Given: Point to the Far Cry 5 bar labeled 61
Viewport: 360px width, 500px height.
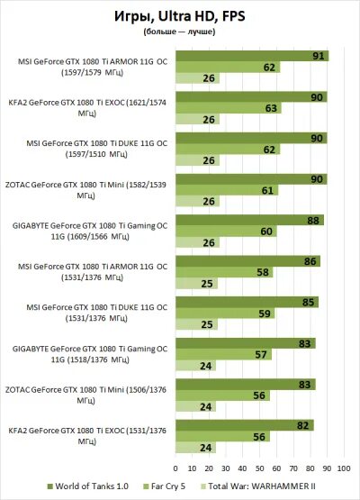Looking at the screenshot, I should pos(226,190).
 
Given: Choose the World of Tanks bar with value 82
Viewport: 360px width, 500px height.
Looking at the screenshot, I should pos(244,423).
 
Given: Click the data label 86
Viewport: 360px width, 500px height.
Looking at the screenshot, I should pos(312,260).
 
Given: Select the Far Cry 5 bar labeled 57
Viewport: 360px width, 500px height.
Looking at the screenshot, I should pos(222,354).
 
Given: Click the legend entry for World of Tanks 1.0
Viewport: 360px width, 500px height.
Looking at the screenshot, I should pos(90,486).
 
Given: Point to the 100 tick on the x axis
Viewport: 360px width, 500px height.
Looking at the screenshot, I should pos(343,468).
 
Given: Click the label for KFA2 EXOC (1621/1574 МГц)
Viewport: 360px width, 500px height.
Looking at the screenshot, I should pos(88,108).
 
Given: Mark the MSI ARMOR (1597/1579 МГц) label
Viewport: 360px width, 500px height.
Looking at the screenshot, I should pos(88,68).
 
